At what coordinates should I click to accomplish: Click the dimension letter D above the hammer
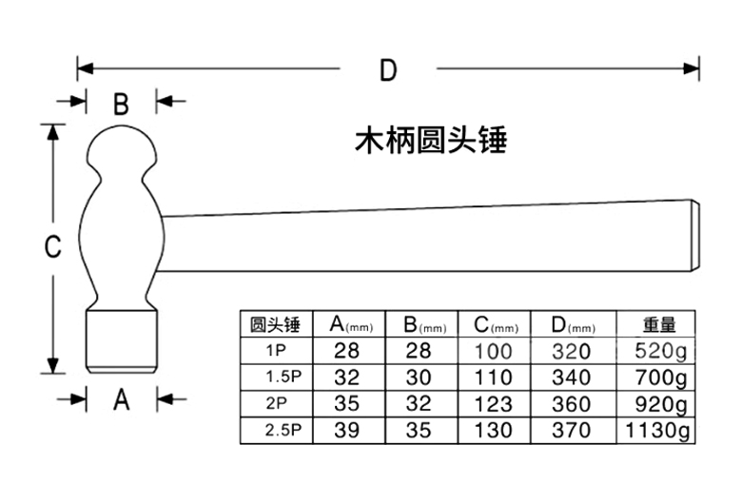pos(387,70)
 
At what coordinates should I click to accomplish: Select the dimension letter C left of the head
pos(53,247)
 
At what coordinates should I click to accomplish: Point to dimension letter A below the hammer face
pos(121,401)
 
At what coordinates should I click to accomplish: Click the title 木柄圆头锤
pos(430,141)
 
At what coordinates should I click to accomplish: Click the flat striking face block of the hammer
pos(121,339)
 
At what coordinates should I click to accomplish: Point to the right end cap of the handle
pos(693,232)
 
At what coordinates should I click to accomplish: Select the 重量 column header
pos(656,324)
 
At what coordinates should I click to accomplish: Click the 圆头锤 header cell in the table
pos(275,324)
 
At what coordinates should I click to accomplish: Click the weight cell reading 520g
pos(656,351)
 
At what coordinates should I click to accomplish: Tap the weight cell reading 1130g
pos(656,431)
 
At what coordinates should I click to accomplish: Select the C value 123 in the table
pos(493,404)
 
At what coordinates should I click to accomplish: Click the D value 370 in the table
pos(571,431)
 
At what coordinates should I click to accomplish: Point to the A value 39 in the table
pos(347,431)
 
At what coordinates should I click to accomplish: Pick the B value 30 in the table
pos(419,377)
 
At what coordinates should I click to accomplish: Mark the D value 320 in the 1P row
pos(571,351)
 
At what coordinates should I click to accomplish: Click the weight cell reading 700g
pos(656,377)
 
